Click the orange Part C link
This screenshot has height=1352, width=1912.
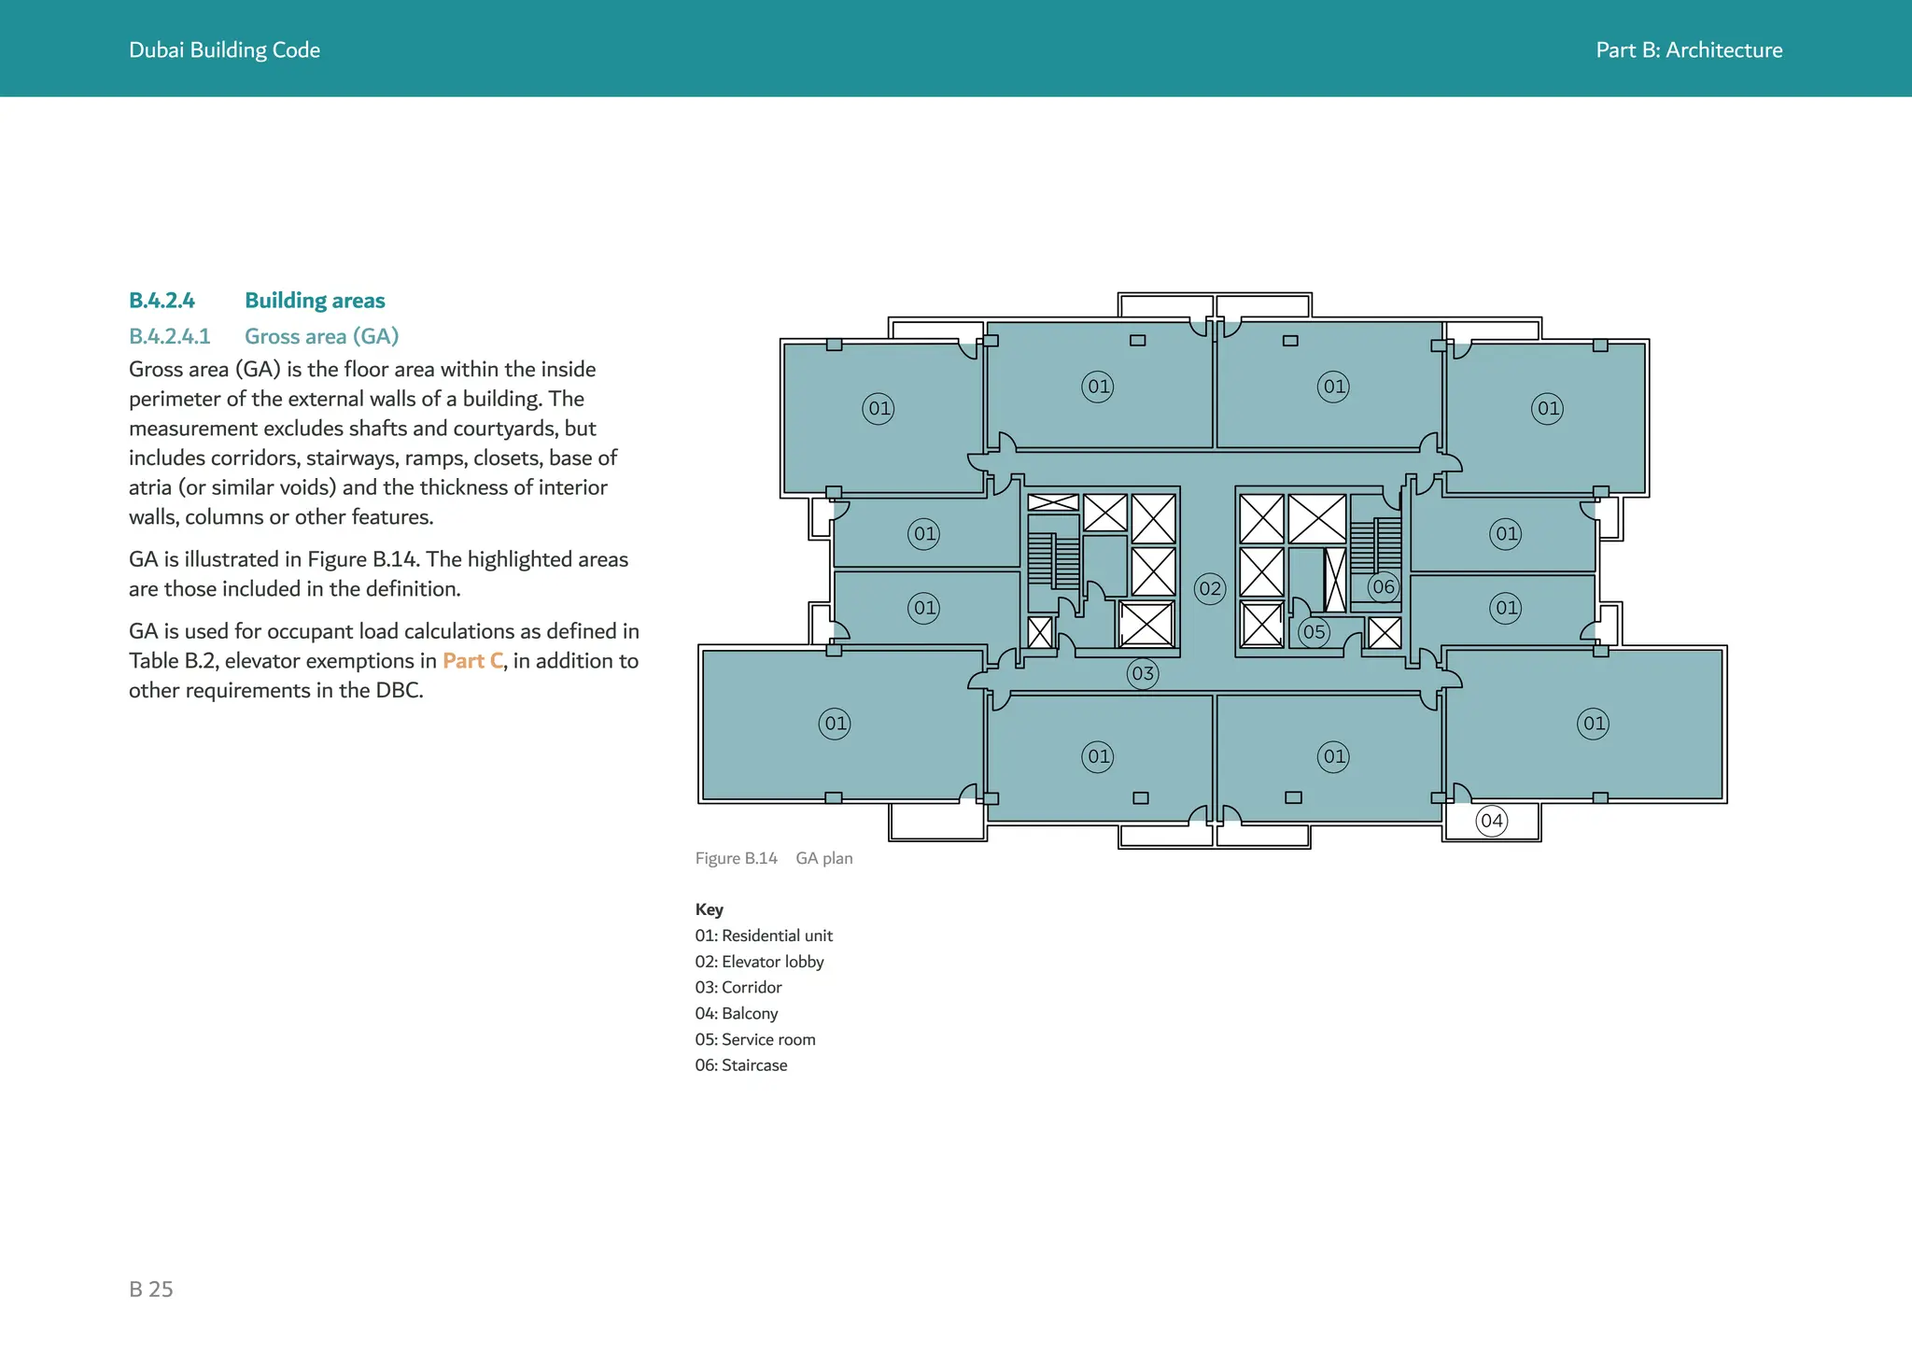(x=472, y=661)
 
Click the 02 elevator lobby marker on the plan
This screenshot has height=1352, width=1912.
(x=1210, y=588)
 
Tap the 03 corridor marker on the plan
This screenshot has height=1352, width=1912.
(x=1143, y=673)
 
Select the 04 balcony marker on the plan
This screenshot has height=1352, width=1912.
(x=1492, y=821)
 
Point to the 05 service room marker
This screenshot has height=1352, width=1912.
(x=1314, y=632)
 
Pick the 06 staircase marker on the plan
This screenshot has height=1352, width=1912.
(x=1384, y=587)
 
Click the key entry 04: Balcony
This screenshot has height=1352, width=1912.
(x=737, y=1013)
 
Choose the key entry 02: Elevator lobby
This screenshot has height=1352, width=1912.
(x=759, y=962)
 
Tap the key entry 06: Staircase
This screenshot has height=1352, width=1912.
(x=741, y=1065)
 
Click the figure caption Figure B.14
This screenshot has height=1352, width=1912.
(x=737, y=858)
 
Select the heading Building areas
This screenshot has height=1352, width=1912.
(x=315, y=301)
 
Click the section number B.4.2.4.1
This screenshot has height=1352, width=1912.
(x=170, y=336)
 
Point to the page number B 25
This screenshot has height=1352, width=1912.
(x=151, y=1289)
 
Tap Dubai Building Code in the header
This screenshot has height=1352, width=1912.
(x=224, y=50)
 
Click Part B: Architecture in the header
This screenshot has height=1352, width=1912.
(x=1689, y=50)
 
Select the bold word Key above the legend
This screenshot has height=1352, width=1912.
(x=710, y=909)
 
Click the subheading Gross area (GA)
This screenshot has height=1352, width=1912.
(x=322, y=336)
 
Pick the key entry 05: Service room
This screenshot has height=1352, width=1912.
(x=755, y=1039)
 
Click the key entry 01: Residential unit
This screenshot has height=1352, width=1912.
(x=764, y=936)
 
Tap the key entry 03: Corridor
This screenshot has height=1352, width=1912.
(x=738, y=988)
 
